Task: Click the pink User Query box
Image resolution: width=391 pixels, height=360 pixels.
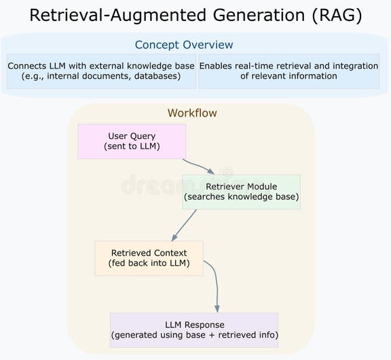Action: [x=132, y=141]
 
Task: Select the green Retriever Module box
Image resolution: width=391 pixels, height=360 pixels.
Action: [x=241, y=192]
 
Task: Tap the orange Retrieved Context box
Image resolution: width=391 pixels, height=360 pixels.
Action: [x=149, y=258]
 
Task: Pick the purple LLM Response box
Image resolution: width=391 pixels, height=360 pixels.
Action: [x=194, y=330]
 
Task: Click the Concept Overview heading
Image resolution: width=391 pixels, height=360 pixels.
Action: [x=183, y=45]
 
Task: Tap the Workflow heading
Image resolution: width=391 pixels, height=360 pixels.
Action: [x=192, y=113]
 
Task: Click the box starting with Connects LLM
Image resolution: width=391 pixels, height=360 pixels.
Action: [x=100, y=71]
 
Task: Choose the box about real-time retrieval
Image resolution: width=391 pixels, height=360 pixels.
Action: [x=288, y=71]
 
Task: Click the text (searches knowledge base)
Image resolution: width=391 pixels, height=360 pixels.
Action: [x=241, y=197]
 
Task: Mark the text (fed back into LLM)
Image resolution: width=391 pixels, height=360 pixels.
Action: [x=149, y=263]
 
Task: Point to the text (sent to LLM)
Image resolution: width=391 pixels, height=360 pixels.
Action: [x=132, y=146]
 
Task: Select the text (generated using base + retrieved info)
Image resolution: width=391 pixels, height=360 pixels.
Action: [x=194, y=335]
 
